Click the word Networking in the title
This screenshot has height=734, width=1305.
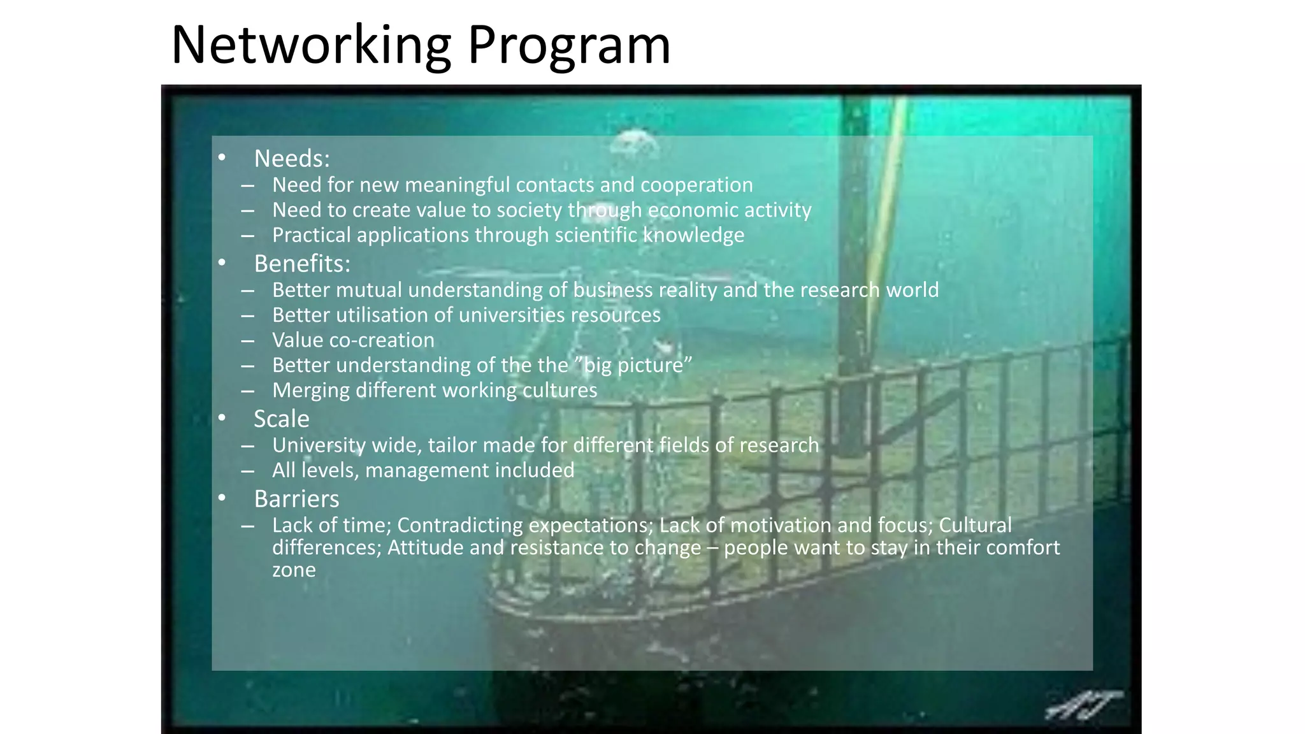(311, 46)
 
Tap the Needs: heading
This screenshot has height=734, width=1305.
(292, 159)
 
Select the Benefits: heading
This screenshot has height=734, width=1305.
(302, 264)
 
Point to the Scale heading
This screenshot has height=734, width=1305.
(281, 419)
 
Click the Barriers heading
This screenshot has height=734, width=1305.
(296, 499)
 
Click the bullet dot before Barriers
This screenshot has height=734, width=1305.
(222, 498)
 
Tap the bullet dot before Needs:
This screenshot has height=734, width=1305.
(222, 157)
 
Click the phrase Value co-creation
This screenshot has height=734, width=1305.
(353, 340)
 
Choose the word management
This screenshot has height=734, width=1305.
(417, 470)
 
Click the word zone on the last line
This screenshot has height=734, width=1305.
(294, 570)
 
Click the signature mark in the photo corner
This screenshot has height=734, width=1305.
(1083, 705)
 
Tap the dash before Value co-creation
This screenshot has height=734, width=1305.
(248, 341)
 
